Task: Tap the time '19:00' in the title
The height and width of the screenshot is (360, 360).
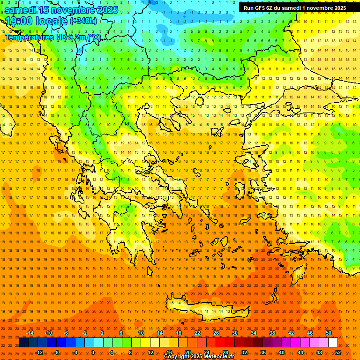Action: click(21, 21)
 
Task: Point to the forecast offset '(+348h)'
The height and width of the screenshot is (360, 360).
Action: click(83, 21)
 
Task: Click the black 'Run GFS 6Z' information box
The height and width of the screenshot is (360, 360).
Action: click(295, 7)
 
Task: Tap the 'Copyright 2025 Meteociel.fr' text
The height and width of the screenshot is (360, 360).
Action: click(199, 357)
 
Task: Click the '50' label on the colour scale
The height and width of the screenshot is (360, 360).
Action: click(329, 333)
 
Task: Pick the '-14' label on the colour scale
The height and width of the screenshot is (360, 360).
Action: click(30, 333)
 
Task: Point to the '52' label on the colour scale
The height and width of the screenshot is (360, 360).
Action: click(338, 352)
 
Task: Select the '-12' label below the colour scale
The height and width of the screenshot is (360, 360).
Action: click(39, 352)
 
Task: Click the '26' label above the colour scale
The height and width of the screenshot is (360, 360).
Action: click(216, 333)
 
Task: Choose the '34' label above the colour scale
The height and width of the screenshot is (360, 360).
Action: click(254, 333)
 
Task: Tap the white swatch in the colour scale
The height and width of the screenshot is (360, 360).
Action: click(333, 343)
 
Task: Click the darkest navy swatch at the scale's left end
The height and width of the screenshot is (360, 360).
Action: click(23, 343)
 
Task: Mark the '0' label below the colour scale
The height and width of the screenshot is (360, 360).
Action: click(92, 352)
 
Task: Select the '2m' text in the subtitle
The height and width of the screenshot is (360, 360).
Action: click(74, 37)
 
